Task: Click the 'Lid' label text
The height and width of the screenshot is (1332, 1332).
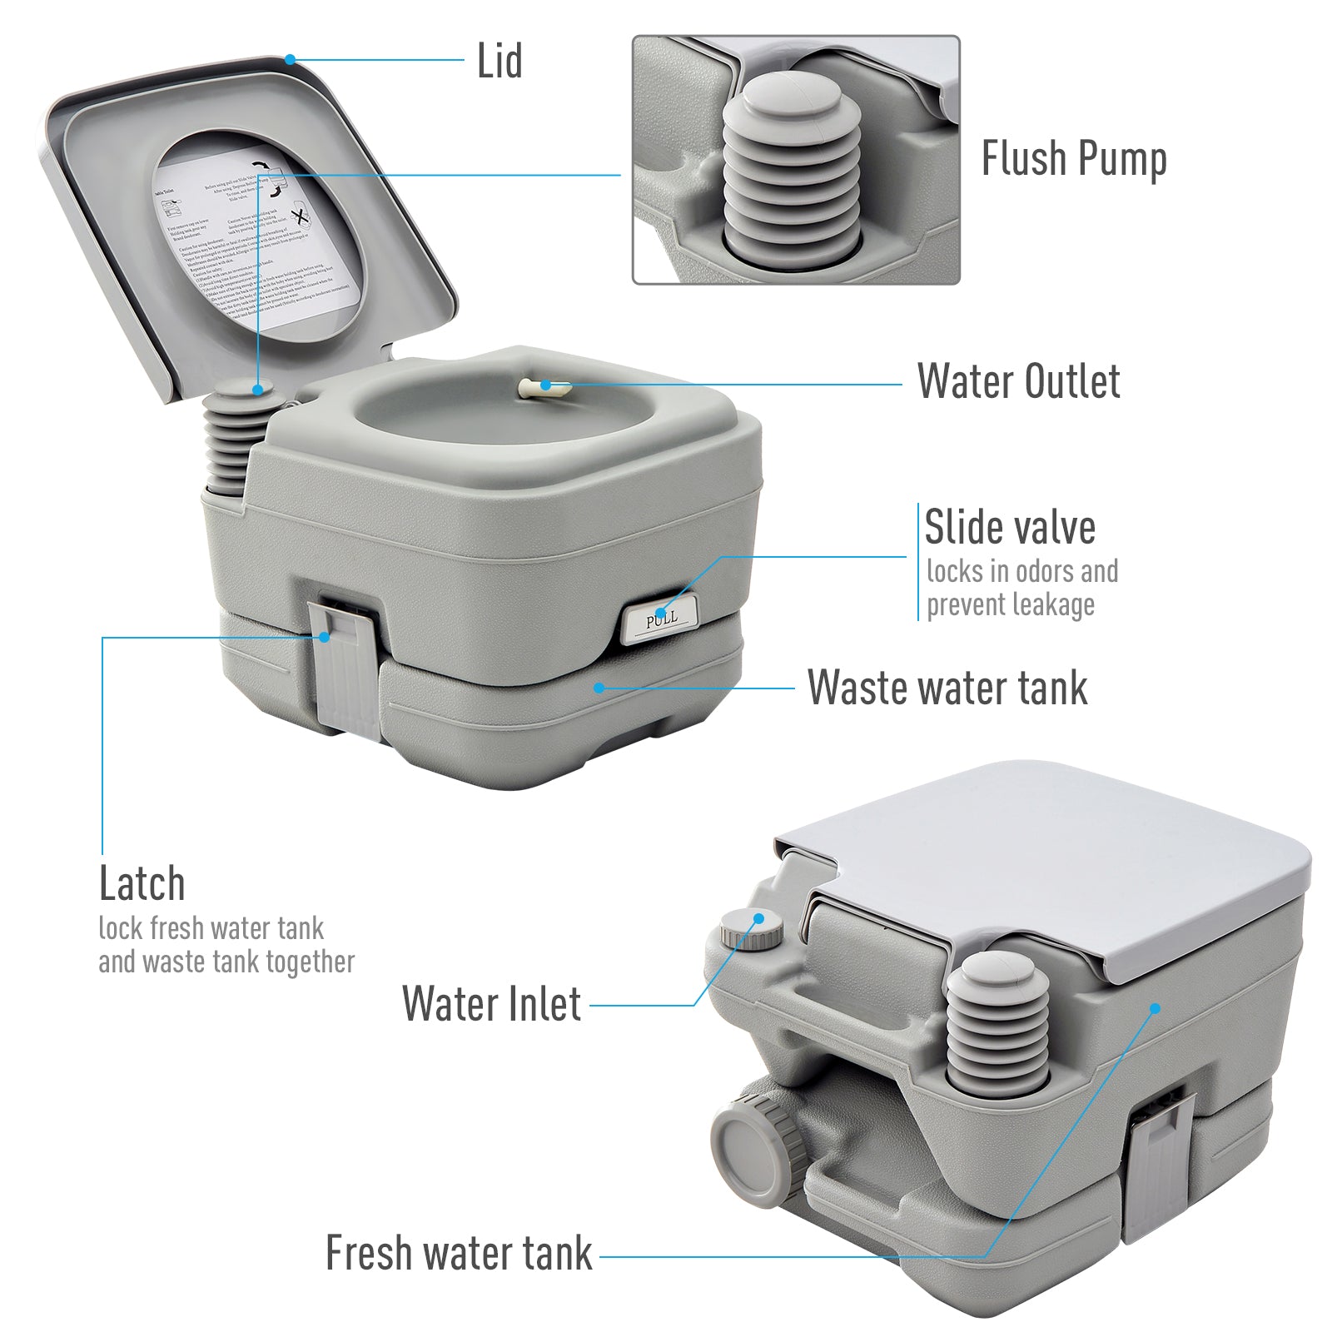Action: pyautogui.click(x=499, y=62)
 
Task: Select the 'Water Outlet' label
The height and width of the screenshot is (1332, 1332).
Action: pyautogui.click(x=1018, y=382)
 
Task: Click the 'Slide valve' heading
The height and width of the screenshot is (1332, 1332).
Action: pyautogui.click(x=1010, y=528)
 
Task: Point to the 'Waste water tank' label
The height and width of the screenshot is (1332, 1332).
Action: pyautogui.click(x=947, y=688)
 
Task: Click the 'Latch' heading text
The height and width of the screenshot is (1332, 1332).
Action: pyautogui.click(x=142, y=883)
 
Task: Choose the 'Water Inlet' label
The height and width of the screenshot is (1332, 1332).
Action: pyautogui.click(x=491, y=1004)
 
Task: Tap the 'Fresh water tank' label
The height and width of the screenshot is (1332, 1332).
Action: pyautogui.click(x=459, y=1254)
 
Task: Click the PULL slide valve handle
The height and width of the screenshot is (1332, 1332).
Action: pyautogui.click(x=661, y=619)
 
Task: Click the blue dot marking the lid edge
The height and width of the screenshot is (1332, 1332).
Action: pyautogui.click(x=290, y=59)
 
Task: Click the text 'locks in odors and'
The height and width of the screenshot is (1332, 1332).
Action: pyautogui.click(x=1021, y=572)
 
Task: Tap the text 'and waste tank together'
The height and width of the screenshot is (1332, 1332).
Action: pyautogui.click(x=226, y=962)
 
